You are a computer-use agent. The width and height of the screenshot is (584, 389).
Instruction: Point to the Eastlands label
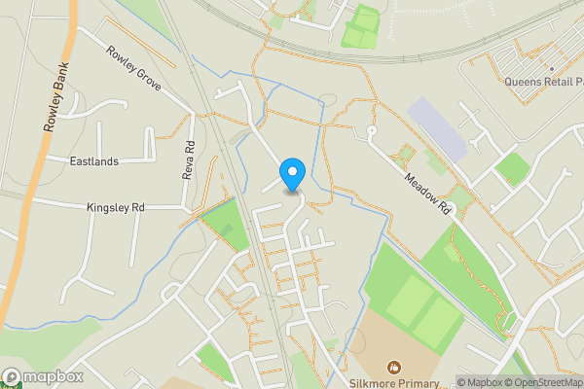pos(95,160)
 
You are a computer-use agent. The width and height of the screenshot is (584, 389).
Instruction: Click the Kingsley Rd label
pos(115,207)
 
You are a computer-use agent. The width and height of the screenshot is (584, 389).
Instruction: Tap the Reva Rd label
pos(189,159)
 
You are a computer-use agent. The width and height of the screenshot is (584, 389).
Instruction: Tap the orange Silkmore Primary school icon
pos(394,367)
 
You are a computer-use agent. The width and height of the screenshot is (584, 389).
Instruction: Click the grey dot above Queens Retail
pos(551,69)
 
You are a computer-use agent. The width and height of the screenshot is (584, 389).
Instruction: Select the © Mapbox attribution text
pos(481,382)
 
